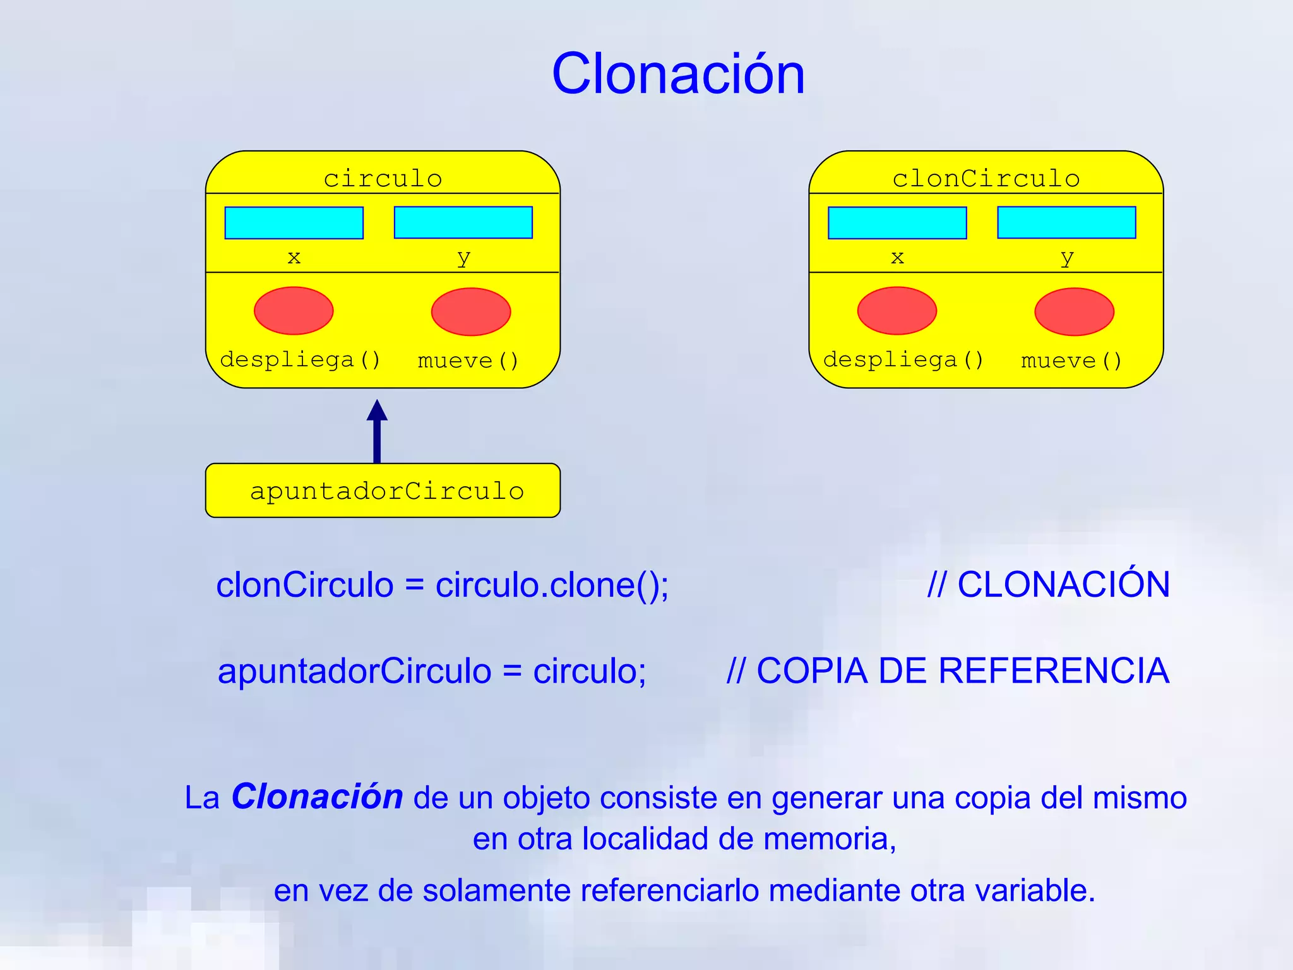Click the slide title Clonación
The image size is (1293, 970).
[678, 75]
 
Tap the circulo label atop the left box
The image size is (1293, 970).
[383, 179]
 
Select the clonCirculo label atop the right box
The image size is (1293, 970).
[986, 179]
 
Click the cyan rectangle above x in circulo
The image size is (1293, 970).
[294, 223]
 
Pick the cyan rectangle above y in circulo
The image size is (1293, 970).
[463, 222]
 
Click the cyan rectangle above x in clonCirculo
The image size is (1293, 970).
[897, 223]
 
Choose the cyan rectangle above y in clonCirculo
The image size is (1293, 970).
[1066, 222]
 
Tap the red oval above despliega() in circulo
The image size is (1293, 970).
[294, 311]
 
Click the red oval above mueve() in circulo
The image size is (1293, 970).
[470, 312]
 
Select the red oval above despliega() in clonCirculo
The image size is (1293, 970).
[897, 311]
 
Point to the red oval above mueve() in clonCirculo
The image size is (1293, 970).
[1074, 312]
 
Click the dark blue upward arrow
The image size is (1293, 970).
[377, 432]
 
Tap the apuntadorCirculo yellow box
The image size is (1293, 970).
[383, 491]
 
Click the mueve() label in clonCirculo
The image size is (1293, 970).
[1071, 361]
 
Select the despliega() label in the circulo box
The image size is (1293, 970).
[300, 360]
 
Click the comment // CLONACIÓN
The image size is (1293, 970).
[1048, 585]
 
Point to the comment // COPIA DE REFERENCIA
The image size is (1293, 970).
[947, 671]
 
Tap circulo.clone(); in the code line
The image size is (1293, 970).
[552, 585]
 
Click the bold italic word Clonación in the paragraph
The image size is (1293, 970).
[317, 797]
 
